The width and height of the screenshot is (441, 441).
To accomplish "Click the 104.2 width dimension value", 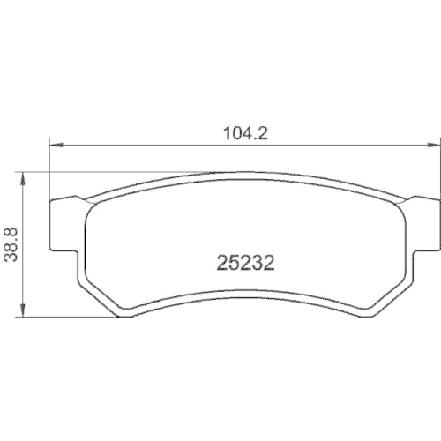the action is tap(245, 133).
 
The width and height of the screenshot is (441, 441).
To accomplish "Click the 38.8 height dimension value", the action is tap(11, 244).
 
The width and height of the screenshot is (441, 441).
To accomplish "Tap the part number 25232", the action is tap(245, 263).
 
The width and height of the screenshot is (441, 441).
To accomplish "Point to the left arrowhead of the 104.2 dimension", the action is tap(56, 146).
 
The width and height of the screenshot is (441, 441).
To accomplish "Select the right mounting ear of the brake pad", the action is tap(425, 223).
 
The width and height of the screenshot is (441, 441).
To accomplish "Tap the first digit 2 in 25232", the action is tap(222, 263).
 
